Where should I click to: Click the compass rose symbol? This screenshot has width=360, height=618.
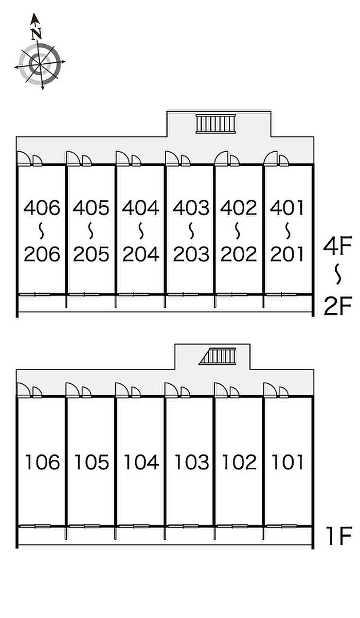tap(40, 63)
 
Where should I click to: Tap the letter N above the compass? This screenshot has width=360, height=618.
tap(35, 34)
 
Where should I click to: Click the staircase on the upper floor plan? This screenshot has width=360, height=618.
tap(215, 124)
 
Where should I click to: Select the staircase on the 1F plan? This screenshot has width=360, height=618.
tap(218, 356)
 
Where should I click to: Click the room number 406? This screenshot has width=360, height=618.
tap(42, 208)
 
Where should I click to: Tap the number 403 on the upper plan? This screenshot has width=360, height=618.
tap(191, 208)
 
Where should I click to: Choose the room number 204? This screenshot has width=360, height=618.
tap(140, 254)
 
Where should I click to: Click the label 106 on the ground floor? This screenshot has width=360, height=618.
tap(42, 462)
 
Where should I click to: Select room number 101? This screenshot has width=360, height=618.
tap(288, 462)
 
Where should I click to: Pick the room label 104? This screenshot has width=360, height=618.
tap(140, 462)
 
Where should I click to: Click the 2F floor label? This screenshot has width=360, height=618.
tap(337, 307)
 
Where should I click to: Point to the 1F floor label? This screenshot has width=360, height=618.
tap(338, 538)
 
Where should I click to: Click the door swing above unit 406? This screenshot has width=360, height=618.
tap(24, 158)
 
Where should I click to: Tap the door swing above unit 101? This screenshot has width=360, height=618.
tap(271, 390)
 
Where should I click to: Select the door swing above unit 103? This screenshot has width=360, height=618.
tap(171, 390)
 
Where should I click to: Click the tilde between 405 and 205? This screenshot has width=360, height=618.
tap(91, 231)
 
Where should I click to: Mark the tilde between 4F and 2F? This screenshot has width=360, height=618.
tap(338, 275)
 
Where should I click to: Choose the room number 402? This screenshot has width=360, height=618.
tap(239, 208)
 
